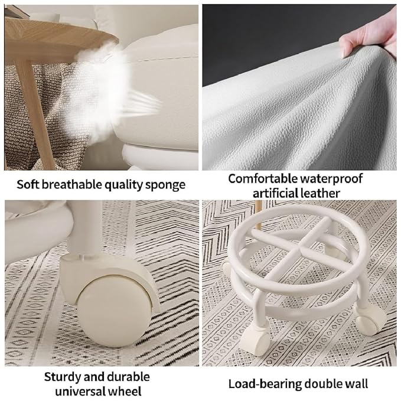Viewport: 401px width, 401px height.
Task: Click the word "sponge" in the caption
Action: pyautogui.click(x=165, y=185)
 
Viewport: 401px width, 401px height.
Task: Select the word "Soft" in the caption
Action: pyautogui.click(x=28, y=185)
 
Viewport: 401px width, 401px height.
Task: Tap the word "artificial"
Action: pyautogui.click(x=276, y=193)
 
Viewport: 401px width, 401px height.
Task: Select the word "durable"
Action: pyautogui.click(x=128, y=376)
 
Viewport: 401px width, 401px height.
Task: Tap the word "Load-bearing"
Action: pyautogui.click(x=263, y=384)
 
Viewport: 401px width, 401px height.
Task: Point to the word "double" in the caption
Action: pyautogui.click(x=322, y=384)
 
